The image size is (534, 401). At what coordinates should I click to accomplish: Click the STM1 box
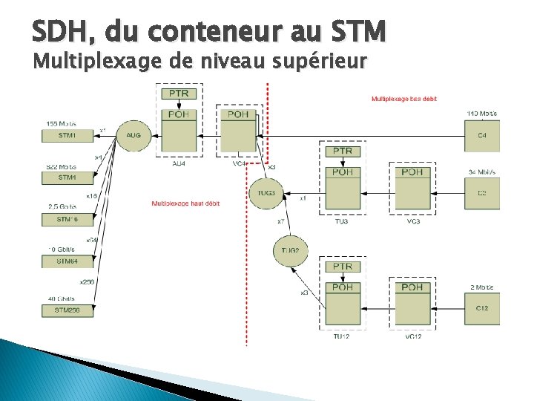click(x=67, y=136)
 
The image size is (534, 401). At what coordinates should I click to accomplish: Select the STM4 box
click(x=67, y=177)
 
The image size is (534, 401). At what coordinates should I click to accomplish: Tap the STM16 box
click(x=67, y=220)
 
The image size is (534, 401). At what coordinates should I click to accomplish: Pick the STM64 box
click(x=67, y=261)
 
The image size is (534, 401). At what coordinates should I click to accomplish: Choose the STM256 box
click(x=67, y=311)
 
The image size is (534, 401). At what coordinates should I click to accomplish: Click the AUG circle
click(x=133, y=135)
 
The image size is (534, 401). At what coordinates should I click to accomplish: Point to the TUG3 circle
click(x=266, y=194)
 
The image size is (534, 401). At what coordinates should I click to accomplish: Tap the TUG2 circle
click(x=291, y=251)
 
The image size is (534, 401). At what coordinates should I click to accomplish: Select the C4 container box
click(x=482, y=136)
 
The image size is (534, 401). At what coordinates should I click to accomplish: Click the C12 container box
click(x=482, y=308)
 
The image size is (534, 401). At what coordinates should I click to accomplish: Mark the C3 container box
click(x=482, y=193)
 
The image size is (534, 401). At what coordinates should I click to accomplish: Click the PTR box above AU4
click(x=179, y=94)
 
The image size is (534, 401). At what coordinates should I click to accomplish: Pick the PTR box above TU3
click(x=343, y=151)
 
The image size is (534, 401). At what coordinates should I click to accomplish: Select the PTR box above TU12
click(x=343, y=267)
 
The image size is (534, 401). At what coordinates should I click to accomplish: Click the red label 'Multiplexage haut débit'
click(x=185, y=203)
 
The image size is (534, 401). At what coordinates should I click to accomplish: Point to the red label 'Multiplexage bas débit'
click(x=405, y=98)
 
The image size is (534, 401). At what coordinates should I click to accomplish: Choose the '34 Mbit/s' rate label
click(x=481, y=172)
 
